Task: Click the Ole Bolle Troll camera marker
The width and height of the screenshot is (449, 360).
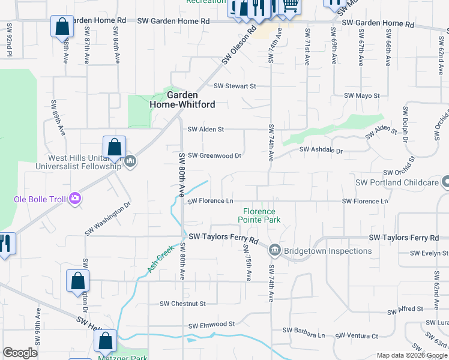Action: click(75, 198)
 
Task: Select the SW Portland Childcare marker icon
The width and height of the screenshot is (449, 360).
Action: click(445, 181)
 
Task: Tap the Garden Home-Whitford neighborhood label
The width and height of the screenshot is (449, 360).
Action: click(182, 100)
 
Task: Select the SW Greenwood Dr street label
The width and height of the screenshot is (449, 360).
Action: click(214, 155)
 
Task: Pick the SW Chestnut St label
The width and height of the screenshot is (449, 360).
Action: click(182, 304)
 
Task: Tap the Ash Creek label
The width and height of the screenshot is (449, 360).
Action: click(160, 259)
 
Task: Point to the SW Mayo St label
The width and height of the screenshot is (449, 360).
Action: click(362, 96)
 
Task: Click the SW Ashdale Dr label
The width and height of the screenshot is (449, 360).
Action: click(321, 150)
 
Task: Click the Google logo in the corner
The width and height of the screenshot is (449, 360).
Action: click(20, 353)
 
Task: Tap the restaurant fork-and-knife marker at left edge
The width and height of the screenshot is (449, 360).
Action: click(6, 244)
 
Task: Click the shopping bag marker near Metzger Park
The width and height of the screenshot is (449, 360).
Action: click(105, 341)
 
